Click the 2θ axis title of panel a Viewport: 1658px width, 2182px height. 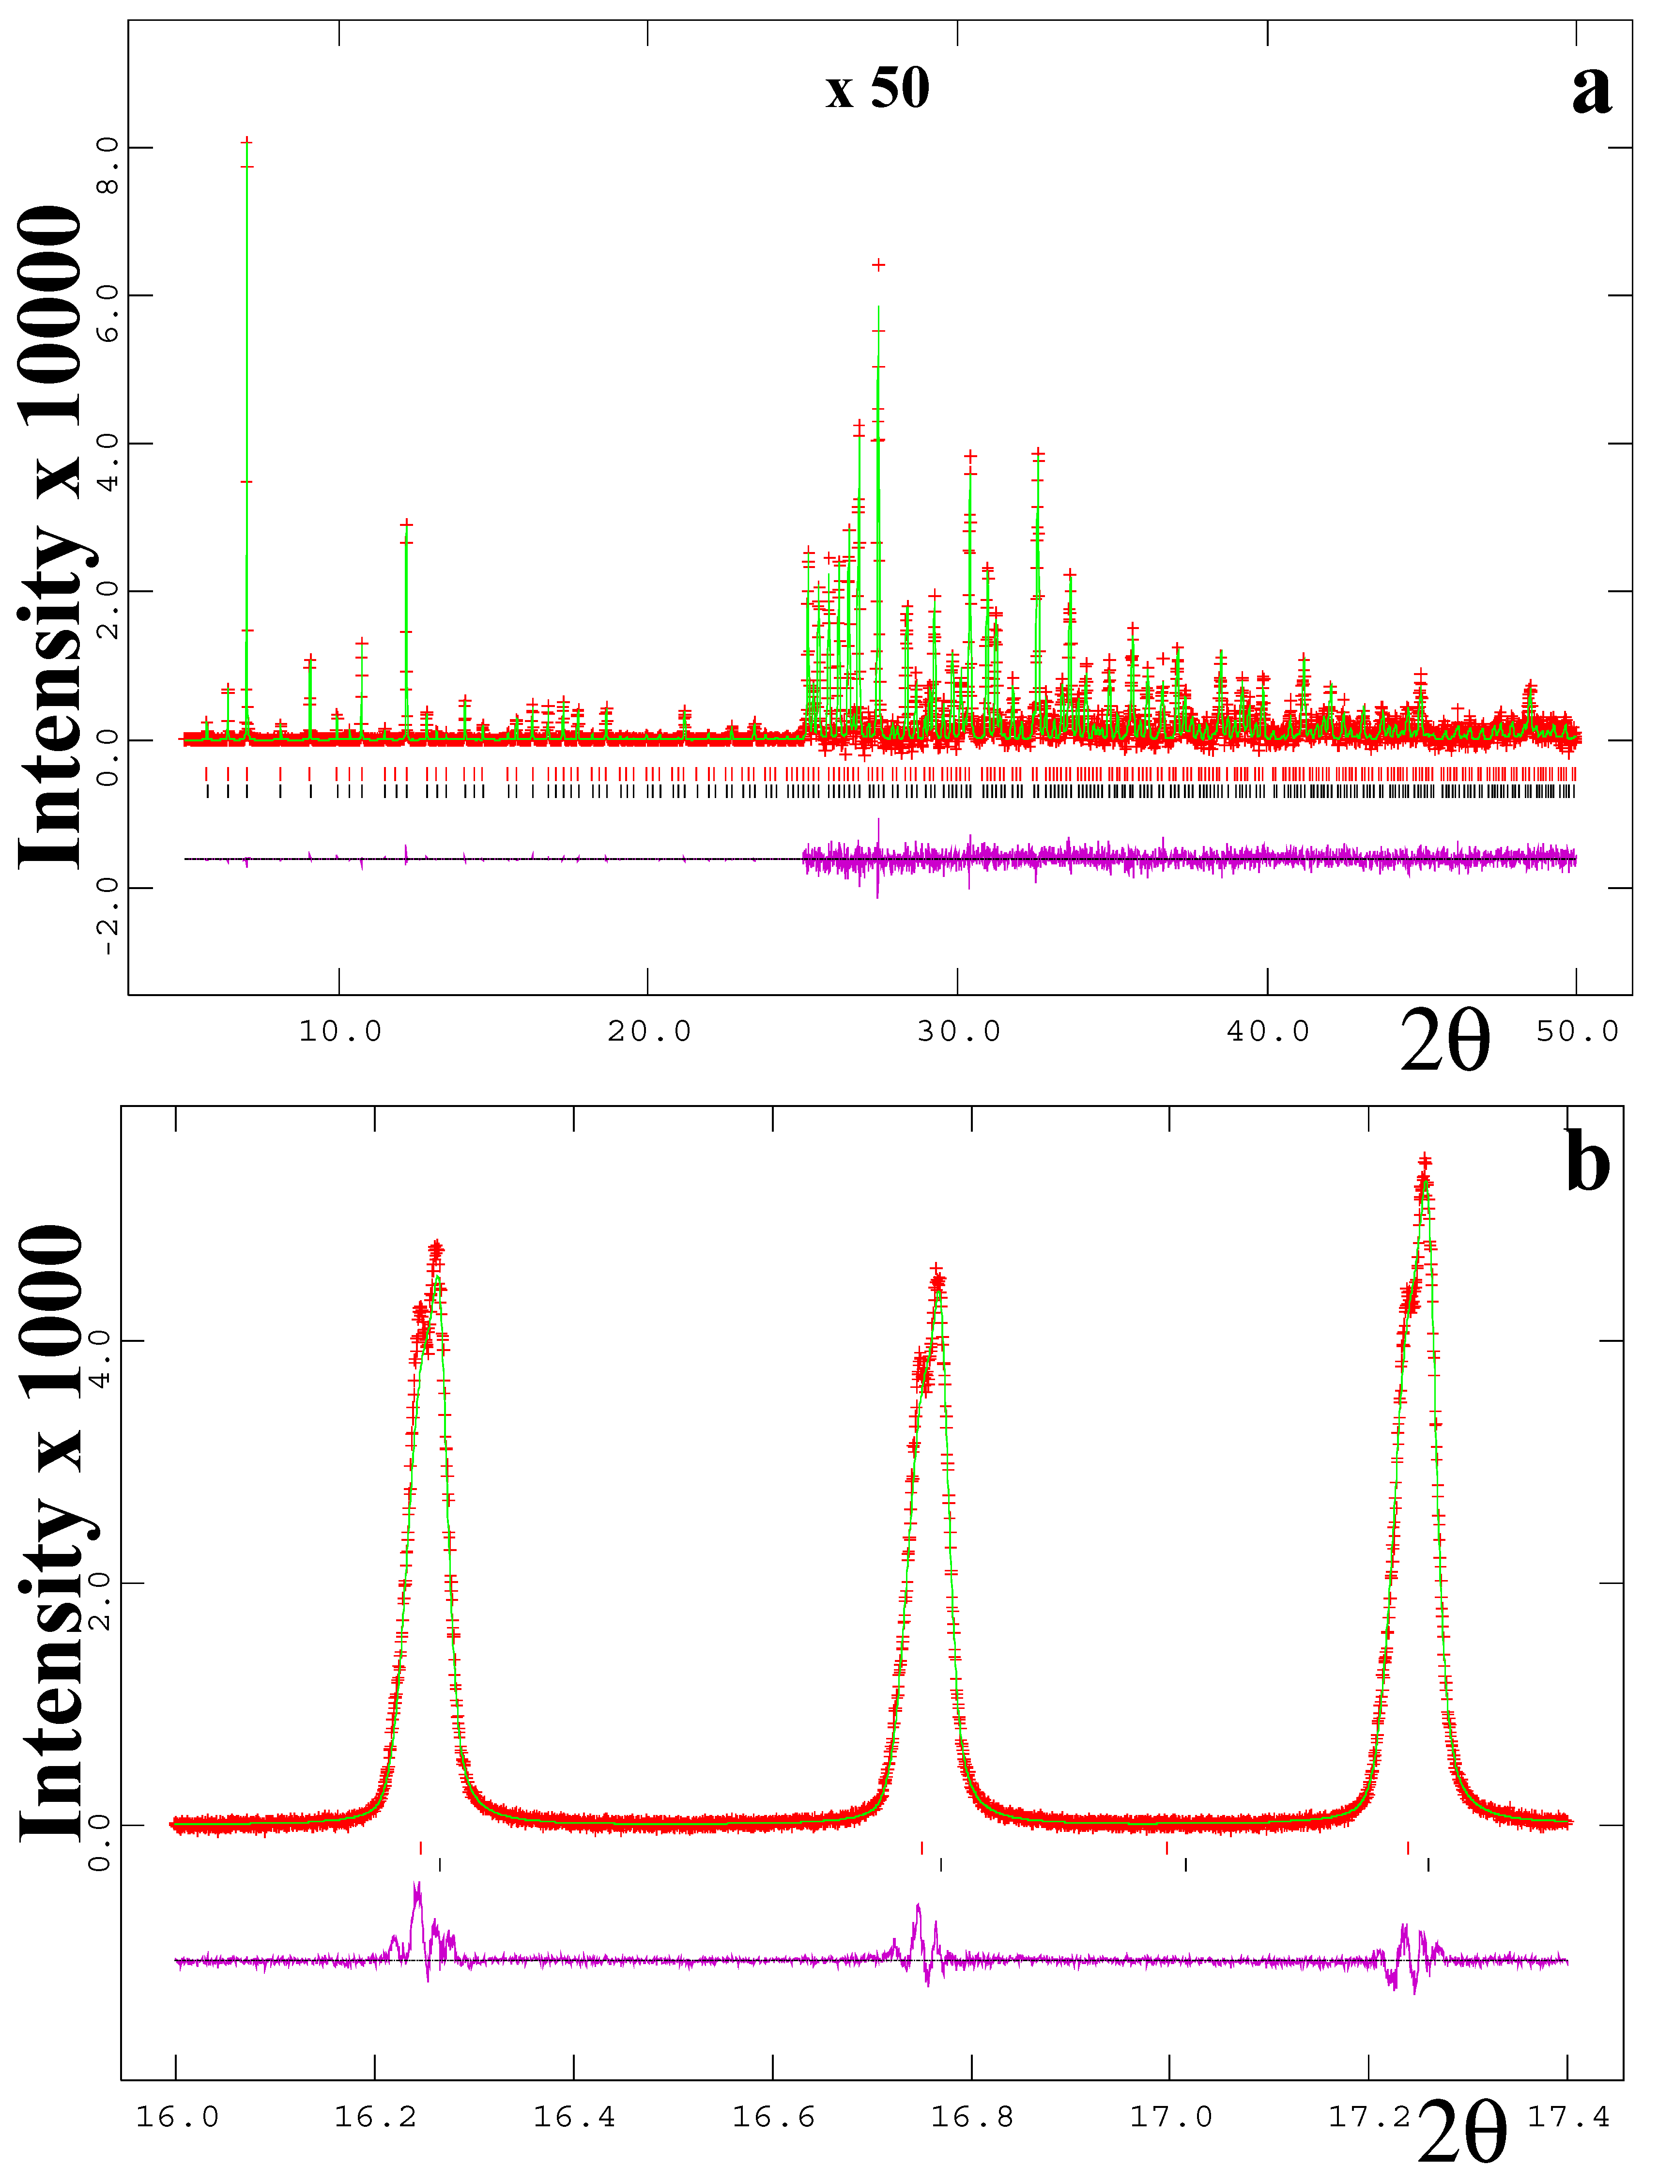tap(1444, 1041)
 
